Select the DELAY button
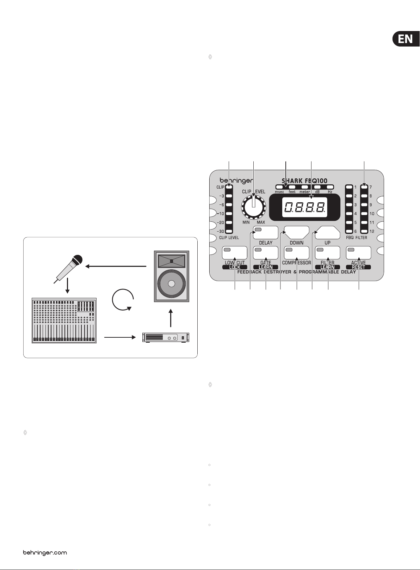[x=266, y=232]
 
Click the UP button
[x=328, y=232]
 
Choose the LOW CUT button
[x=235, y=253]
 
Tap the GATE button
[x=266, y=253]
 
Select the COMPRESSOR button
[x=297, y=253]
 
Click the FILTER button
[x=328, y=253]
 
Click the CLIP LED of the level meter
[x=229, y=187]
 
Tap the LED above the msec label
[x=279, y=187]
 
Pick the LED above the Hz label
[x=330, y=187]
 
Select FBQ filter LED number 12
[x=364, y=231]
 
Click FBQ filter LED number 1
[x=349, y=187]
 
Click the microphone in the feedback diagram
[x=70, y=268]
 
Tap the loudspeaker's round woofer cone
[x=171, y=284]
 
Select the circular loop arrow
[x=122, y=301]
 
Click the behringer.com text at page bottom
[x=45, y=552]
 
